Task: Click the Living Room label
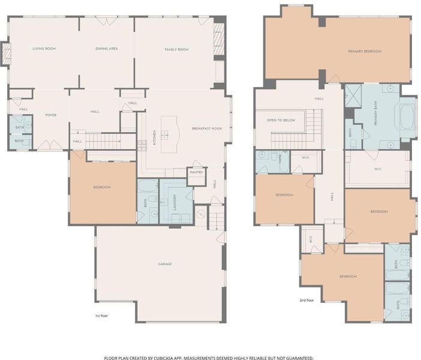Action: click(44, 49)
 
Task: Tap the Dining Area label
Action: click(107, 49)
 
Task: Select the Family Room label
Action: click(176, 49)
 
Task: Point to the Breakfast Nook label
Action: click(207, 128)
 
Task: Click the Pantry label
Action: click(197, 172)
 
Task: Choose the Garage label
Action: click(165, 264)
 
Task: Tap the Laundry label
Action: click(175, 202)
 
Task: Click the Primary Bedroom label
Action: click(365, 52)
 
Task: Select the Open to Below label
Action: click(281, 120)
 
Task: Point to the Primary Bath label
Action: click(375, 113)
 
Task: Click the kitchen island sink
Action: click(164, 134)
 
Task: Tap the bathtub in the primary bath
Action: click(407, 117)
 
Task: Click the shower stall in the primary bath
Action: click(353, 96)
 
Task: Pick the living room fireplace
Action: click(7, 54)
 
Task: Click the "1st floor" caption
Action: click(101, 316)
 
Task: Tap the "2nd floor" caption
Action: click(306, 301)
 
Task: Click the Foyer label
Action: click(51, 115)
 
